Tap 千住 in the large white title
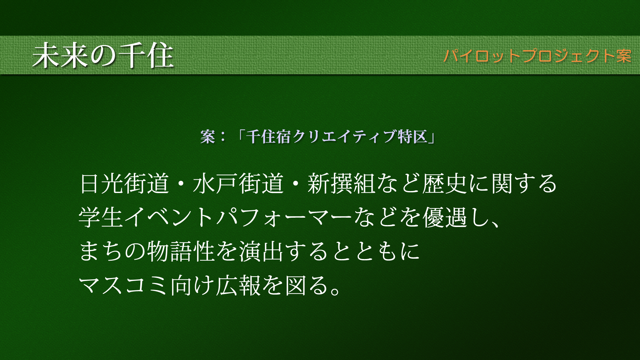click(x=146, y=56)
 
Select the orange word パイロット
click(x=482, y=56)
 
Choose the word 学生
click(x=101, y=217)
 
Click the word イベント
click(x=169, y=217)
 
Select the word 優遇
click(x=445, y=217)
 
